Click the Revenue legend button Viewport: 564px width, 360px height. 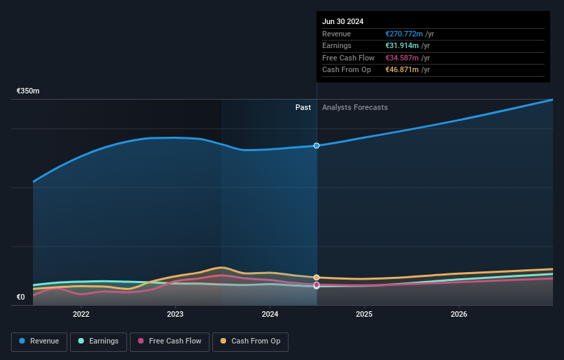pyautogui.click(x=40, y=341)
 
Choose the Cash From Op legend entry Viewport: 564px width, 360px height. pyautogui.click(x=250, y=341)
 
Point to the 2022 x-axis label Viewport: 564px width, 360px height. pyautogui.click(x=81, y=314)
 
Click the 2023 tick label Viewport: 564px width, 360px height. pyautogui.click(x=175, y=314)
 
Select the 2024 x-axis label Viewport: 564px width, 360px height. pyautogui.click(x=270, y=314)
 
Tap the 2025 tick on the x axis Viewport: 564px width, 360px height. pyautogui.click(x=364, y=314)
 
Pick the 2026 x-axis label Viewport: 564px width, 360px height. pyautogui.click(x=459, y=314)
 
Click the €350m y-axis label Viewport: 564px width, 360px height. pyautogui.click(x=28, y=91)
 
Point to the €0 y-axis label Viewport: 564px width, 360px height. pyautogui.click(x=21, y=297)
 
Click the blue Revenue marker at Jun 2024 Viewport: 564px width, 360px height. pyautogui.click(x=317, y=146)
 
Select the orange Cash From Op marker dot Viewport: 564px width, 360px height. pyautogui.click(x=317, y=278)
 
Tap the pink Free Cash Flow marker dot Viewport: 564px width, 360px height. pyautogui.click(x=317, y=284)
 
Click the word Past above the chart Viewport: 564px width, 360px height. pyautogui.click(x=303, y=108)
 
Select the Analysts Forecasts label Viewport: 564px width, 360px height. pyautogui.click(x=354, y=108)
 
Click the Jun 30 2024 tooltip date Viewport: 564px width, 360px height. pyautogui.click(x=343, y=21)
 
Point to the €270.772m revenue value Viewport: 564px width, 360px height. pyautogui.click(x=405, y=34)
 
